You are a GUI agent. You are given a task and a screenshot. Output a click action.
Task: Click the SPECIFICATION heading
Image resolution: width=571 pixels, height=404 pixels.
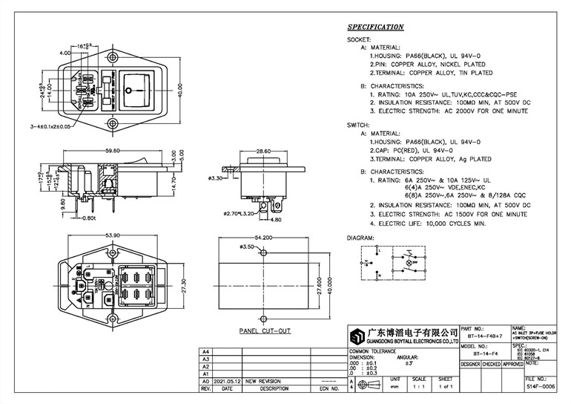pos(375,27)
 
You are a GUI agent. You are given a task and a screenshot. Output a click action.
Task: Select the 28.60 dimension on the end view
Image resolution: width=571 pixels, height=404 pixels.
pos(263,151)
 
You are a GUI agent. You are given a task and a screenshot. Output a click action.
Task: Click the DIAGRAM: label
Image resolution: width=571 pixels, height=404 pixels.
pos(360,238)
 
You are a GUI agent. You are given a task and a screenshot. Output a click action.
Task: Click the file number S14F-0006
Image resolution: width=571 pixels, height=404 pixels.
pos(540,387)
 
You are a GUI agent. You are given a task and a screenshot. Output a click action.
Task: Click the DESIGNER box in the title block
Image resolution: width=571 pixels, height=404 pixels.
pos(470,365)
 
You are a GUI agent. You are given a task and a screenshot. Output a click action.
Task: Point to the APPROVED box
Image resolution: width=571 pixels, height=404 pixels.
pos(513,365)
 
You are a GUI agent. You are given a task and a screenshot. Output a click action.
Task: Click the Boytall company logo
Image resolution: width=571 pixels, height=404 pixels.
pos(358,334)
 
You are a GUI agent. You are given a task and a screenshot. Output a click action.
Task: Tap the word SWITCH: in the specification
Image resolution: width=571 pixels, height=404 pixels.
pos(359,126)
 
